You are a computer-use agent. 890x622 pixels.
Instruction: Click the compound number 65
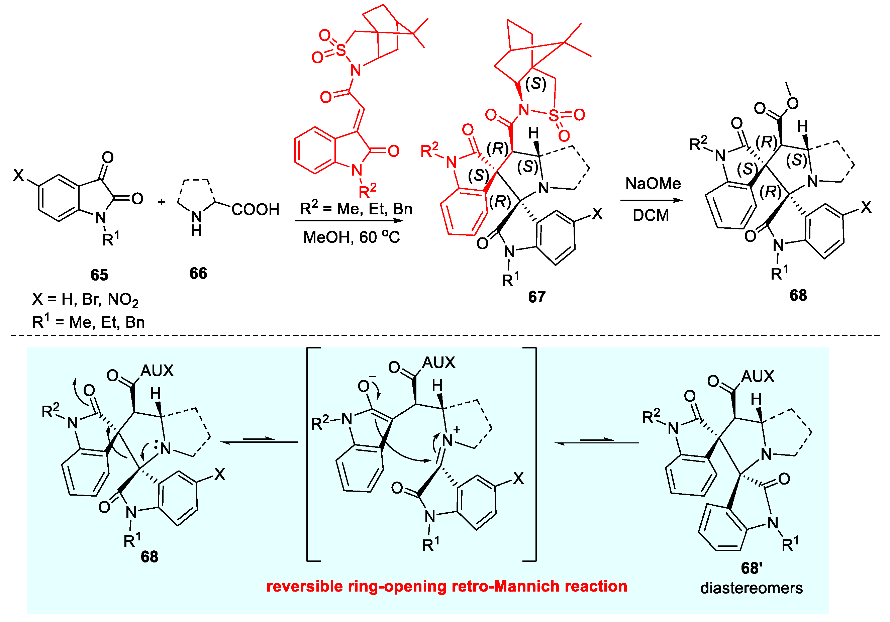pyautogui.click(x=99, y=275)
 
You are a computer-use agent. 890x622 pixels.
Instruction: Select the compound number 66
pyautogui.click(x=198, y=273)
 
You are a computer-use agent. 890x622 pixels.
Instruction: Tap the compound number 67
pyautogui.click(x=536, y=297)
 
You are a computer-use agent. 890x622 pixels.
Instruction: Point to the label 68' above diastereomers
pyautogui.click(x=752, y=568)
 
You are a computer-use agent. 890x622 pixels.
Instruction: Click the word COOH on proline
pyautogui.click(x=256, y=210)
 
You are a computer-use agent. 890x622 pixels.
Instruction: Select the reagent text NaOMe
pyautogui.click(x=653, y=183)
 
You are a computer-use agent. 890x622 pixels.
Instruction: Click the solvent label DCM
pyautogui.click(x=651, y=215)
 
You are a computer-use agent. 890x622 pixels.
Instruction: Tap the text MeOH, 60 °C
pyautogui.click(x=351, y=237)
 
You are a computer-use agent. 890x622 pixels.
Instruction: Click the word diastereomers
pyautogui.click(x=751, y=588)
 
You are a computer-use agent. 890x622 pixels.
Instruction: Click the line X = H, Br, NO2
pyautogui.click(x=85, y=300)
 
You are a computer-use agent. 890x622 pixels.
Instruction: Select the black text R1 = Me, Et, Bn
pyautogui.click(x=88, y=322)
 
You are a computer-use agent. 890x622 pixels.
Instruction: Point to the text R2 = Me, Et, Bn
pyautogui.click(x=356, y=209)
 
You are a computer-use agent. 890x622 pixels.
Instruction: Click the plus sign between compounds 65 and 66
pyautogui.click(x=162, y=202)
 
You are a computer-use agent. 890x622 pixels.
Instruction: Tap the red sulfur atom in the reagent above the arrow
pyautogui.click(x=341, y=49)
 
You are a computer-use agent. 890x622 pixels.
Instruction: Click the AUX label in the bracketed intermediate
pyautogui.click(x=438, y=363)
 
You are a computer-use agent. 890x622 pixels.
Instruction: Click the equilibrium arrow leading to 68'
pyautogui.click(x=597, y=442)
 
